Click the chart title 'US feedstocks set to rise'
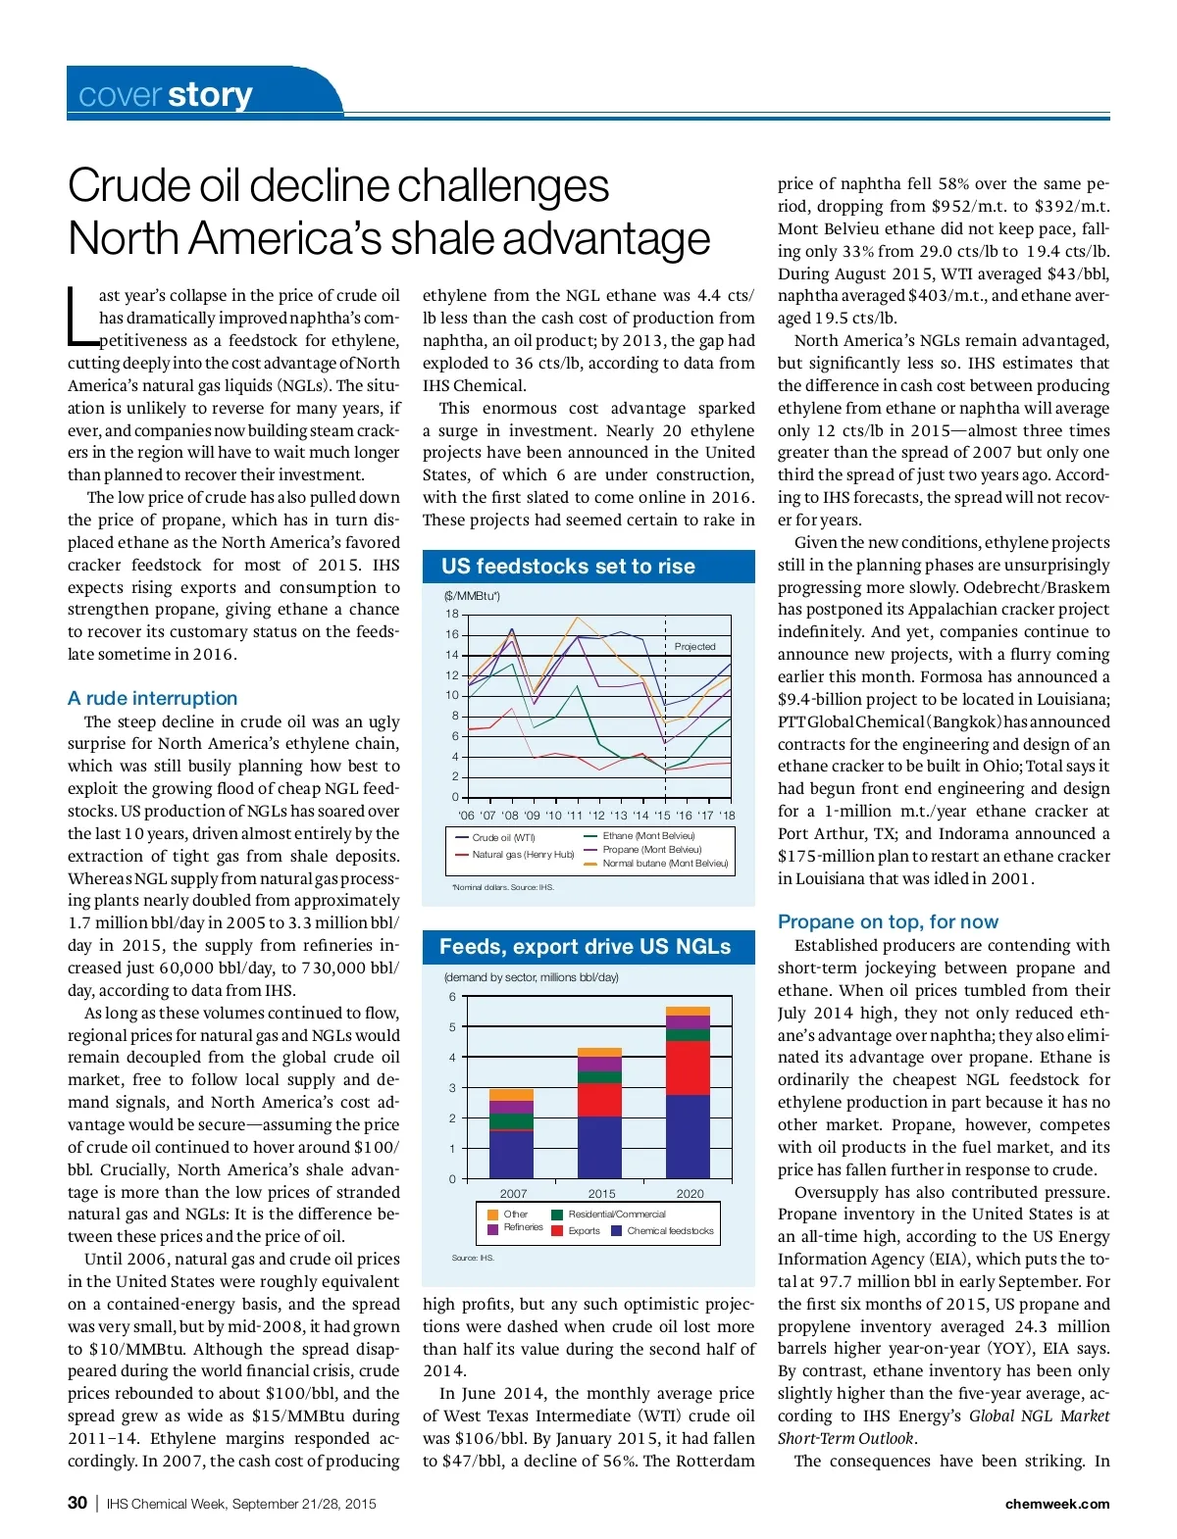[568, 566]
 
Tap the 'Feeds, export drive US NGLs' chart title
[585, 946]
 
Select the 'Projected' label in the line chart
[694, 646]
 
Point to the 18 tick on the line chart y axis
[452, 614]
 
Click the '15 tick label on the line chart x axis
[662, 815]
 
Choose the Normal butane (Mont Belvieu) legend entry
[665, 864]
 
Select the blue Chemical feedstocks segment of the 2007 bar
[511, 1154]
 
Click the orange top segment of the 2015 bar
[599, 1052]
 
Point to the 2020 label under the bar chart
[690, 1193]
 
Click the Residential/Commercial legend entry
[616, 1214]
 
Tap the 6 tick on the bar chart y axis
[452, 997]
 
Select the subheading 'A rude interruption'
[152, 698]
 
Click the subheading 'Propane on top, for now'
[888, 921]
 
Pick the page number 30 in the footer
[77, 1503]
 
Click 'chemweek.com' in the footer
[1057, 1504]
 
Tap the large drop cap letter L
[81, 316]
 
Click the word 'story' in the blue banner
[210, 95]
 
